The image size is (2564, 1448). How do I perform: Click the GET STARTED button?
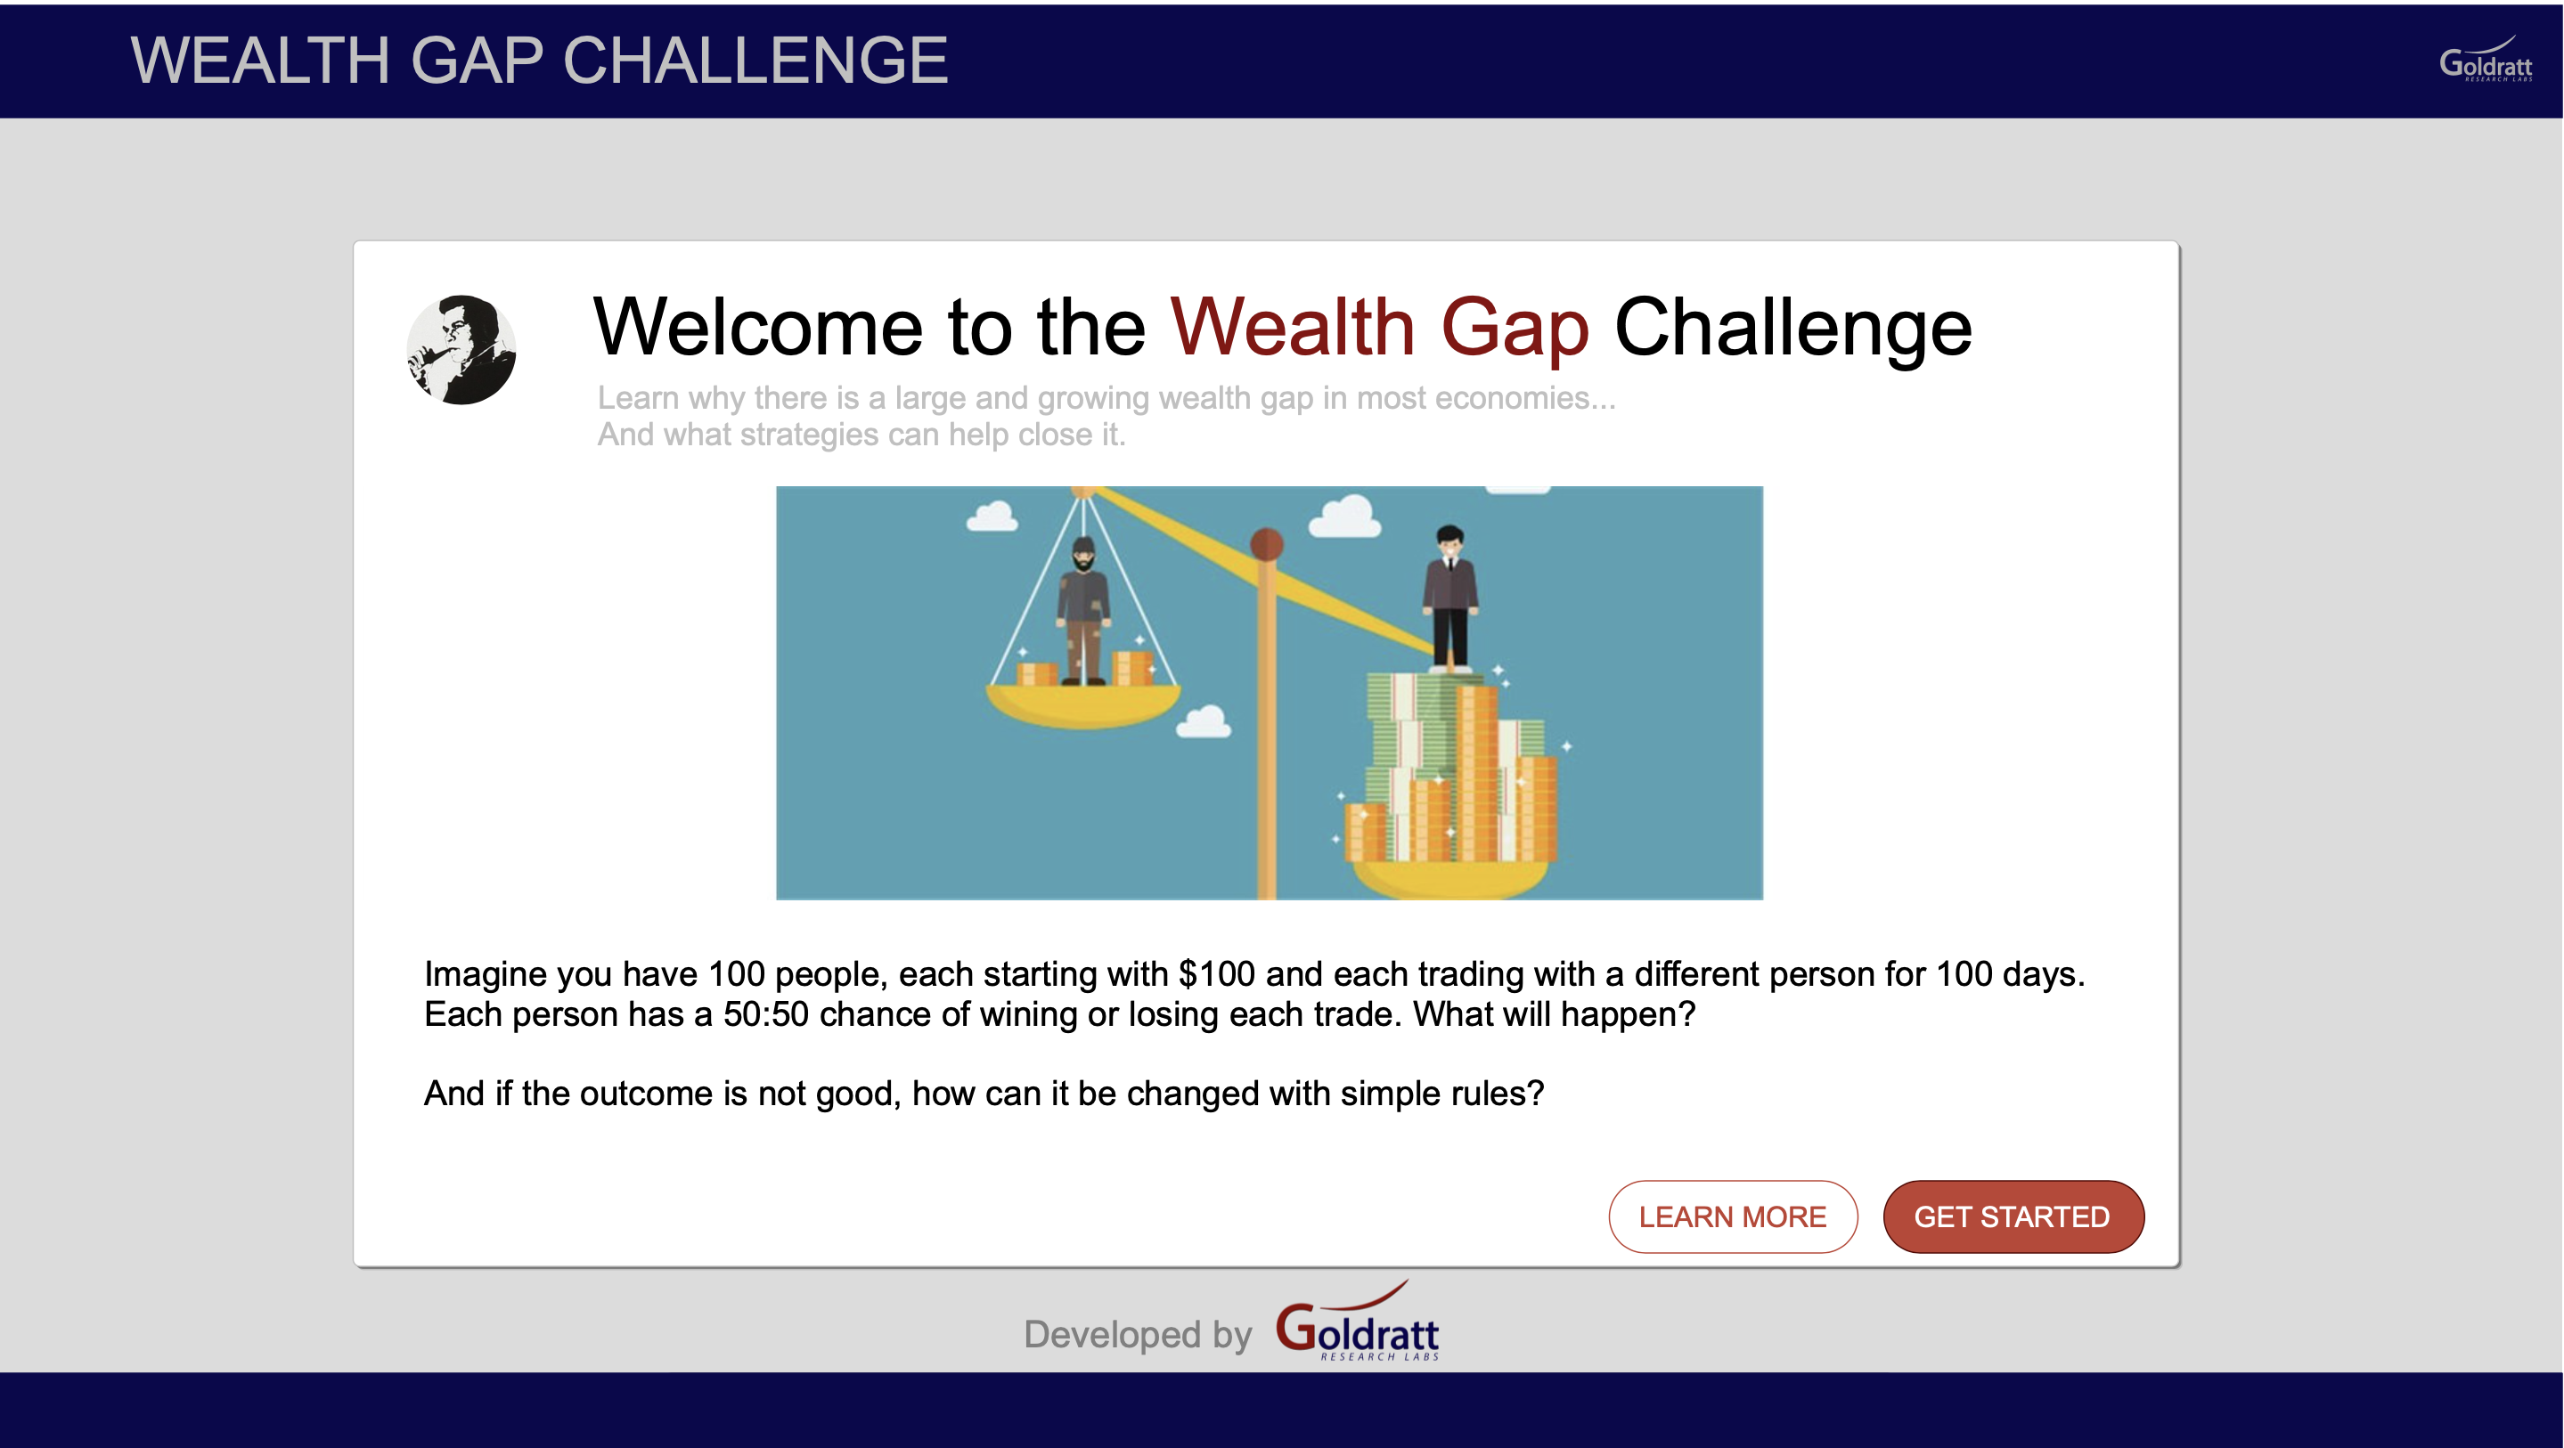coord(2013,1216)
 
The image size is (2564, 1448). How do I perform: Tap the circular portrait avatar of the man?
coord(461,349)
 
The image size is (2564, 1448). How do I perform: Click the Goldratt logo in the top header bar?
coord(2486,60)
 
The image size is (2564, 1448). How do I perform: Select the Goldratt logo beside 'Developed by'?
coord(1358,1322)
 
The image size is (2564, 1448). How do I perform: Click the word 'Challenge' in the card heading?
coord(1792,329)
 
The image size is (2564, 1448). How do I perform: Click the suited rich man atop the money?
coord(1450,598)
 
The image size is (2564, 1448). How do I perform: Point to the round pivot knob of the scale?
coord(1266,543)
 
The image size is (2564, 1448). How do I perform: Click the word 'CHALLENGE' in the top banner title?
coord(755,61)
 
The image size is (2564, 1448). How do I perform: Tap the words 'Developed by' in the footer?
coord(1138,1335)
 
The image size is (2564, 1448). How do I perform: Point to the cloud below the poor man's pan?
coord(1204,721)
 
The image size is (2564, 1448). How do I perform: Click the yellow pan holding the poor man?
coord(1083,704)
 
